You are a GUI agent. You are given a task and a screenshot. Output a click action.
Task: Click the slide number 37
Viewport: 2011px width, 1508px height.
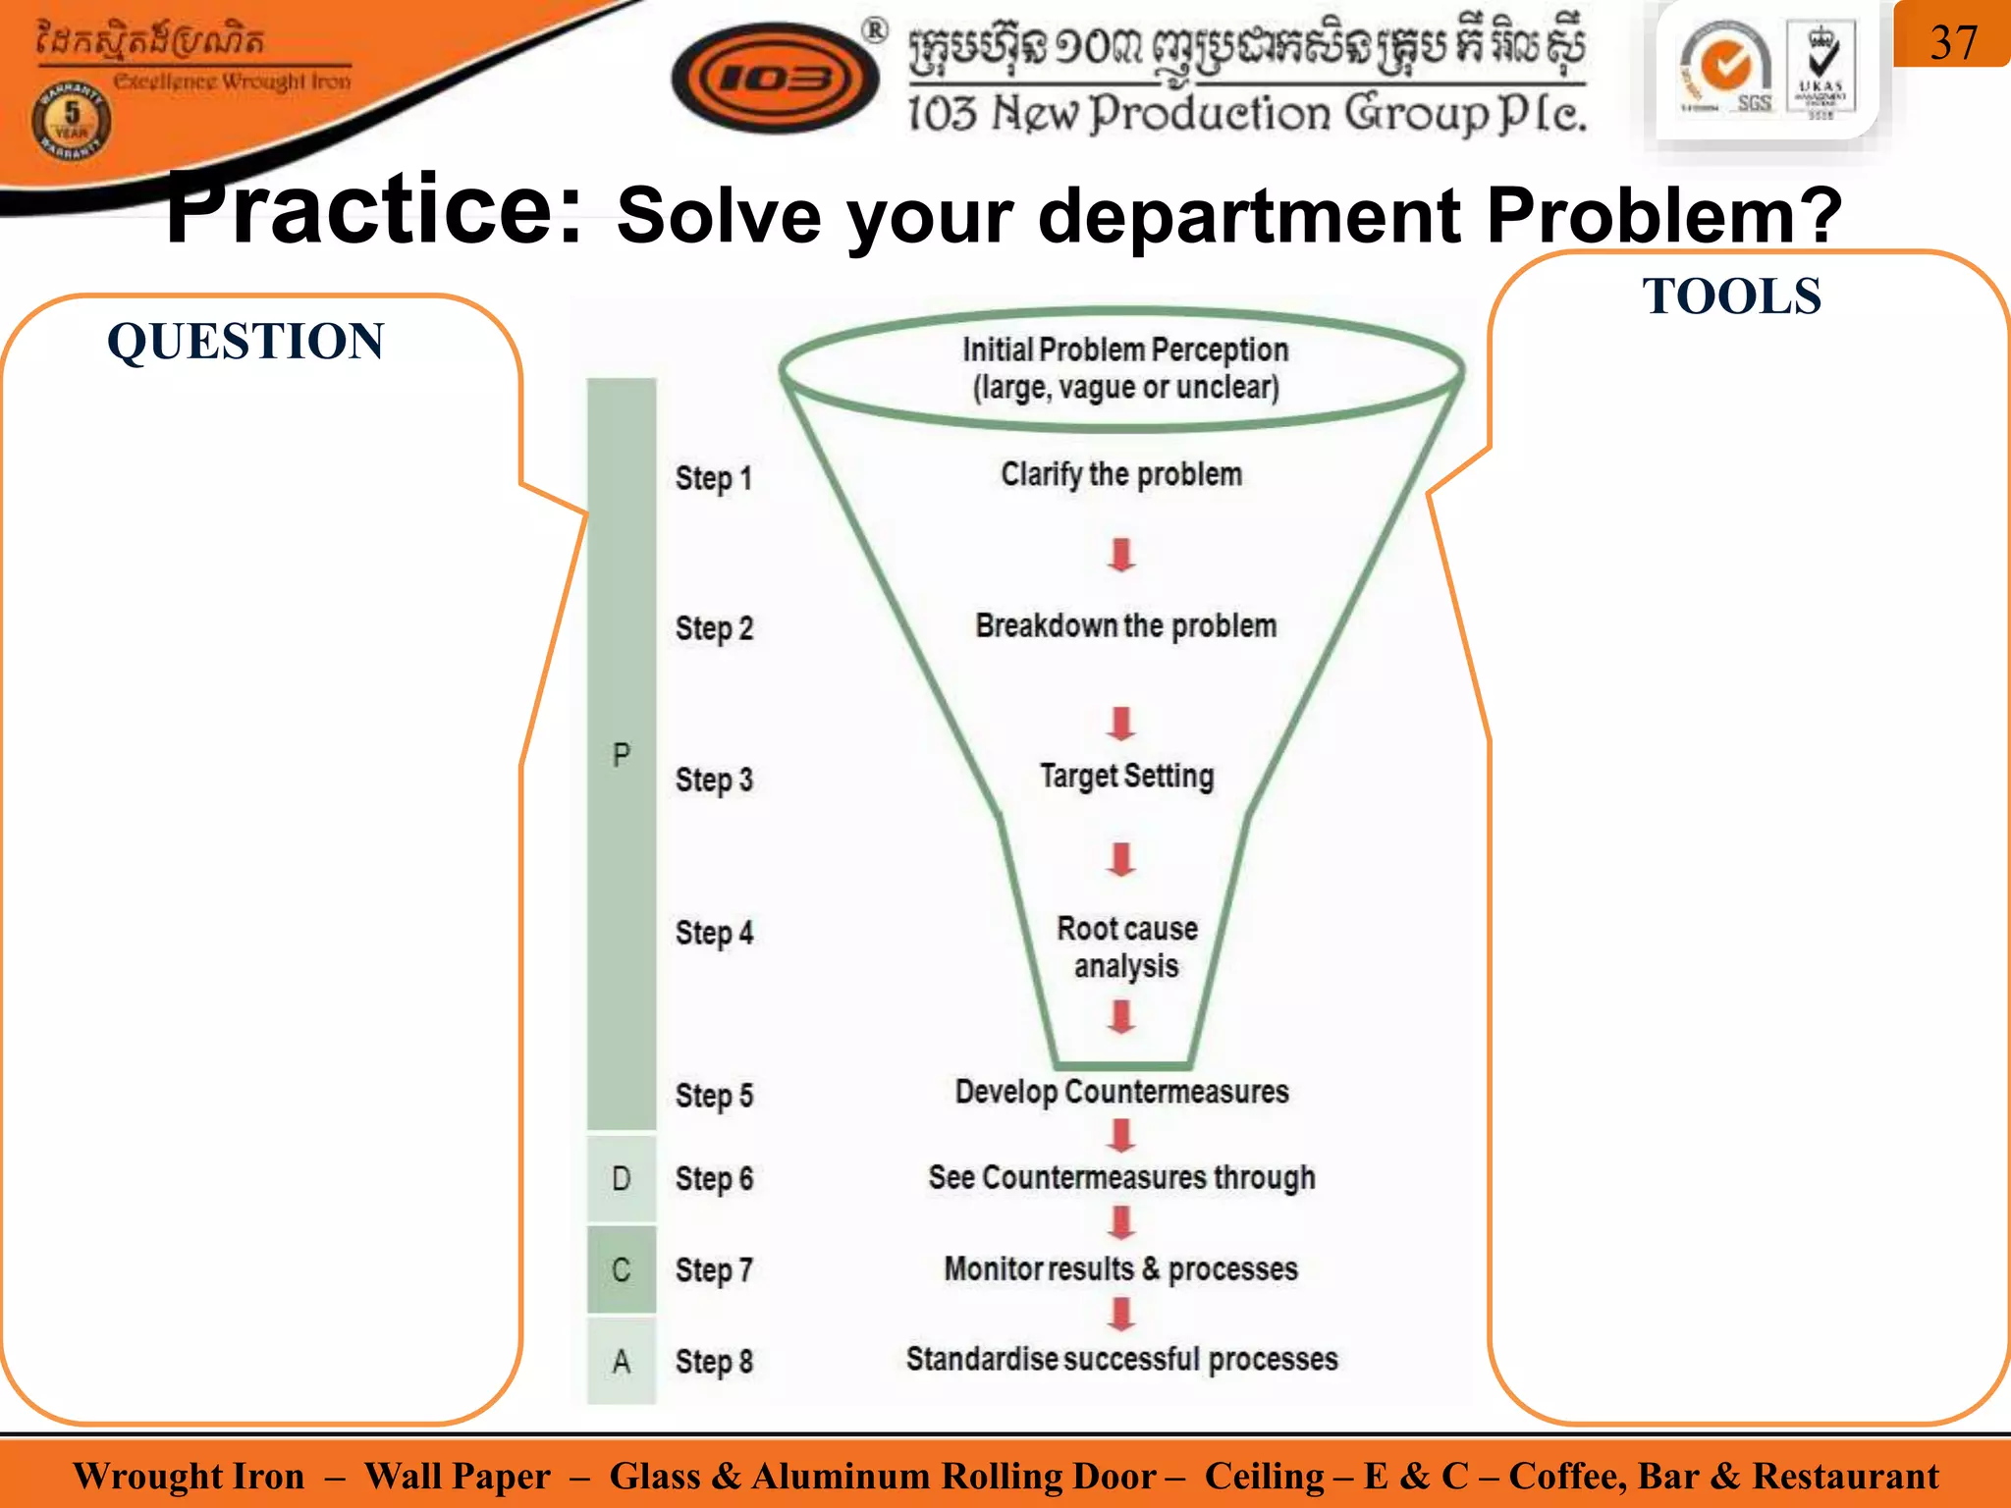point(1952,42)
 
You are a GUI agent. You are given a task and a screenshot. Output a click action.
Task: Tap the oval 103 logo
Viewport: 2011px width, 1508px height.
point(775,79)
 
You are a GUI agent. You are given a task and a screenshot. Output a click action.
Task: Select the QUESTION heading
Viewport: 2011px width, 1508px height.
point(245,342)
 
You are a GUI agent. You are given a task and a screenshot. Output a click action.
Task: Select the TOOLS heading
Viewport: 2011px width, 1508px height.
point(1731,296)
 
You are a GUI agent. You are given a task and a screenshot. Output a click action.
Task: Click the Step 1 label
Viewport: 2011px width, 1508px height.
point(714,478)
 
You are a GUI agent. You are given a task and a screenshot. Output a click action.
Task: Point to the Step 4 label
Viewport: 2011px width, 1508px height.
point(714,932)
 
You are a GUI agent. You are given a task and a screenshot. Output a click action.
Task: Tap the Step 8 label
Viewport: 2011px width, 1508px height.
point(714,1362)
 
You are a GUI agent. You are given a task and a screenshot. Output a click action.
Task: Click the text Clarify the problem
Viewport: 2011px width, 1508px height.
point(1121,474)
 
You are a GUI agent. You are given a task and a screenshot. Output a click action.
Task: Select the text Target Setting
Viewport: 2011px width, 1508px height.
point(1126,776)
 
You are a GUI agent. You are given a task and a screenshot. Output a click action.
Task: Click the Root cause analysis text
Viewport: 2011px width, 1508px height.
point(1126,947)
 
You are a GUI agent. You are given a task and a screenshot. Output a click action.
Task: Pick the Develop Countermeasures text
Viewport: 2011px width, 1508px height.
point(1121,1092)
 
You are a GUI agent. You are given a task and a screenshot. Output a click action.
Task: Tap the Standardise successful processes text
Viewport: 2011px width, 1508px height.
point(1121,1359)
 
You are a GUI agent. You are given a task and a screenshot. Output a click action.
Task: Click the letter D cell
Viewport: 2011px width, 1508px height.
point(622,1178)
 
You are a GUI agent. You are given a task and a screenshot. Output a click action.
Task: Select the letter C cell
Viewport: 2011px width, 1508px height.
point(622,1269)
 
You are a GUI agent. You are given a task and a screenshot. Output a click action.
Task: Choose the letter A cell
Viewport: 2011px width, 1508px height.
point(622,1362)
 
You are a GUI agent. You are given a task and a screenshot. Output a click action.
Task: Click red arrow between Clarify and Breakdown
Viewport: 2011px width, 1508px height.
point(1121,555)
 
